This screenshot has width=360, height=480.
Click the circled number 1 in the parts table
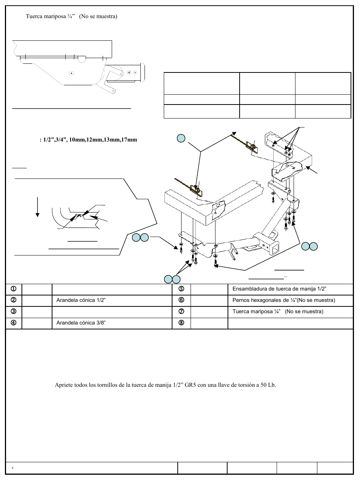tap(13, 289)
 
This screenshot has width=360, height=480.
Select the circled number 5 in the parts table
tap(181, 289)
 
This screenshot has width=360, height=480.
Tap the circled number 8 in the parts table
tap(181, 323)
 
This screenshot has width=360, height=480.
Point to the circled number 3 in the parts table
tap(13, 311)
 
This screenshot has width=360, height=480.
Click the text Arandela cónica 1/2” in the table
tap(81, 300)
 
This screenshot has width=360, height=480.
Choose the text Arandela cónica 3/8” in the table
tap(81, 323)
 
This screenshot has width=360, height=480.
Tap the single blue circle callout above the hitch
tap(181, 138)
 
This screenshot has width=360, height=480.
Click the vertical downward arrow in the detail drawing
tap(37, 207)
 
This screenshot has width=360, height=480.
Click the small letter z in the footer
tap(12, 468)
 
